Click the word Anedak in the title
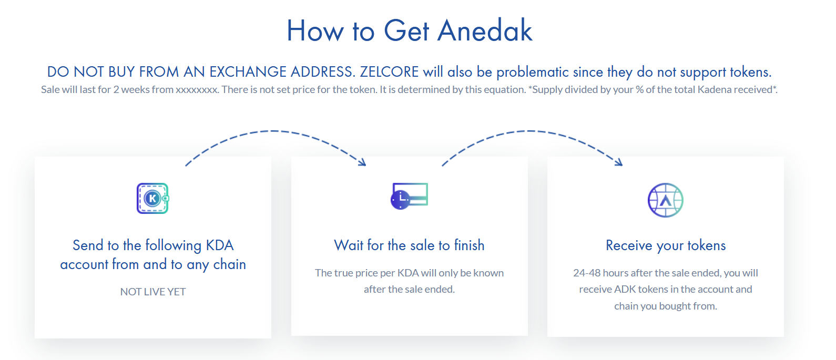(485, 30)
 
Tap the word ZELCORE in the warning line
(389, 72)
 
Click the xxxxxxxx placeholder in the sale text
(197, 90)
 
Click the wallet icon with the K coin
(152, 198)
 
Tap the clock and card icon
(409, 196)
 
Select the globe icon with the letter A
(666, 200)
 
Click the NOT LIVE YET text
(153, 292)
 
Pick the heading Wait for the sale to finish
(409, 245)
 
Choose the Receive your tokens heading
(666, 246)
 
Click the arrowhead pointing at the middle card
(362, 162)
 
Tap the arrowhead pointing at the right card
(619, 162)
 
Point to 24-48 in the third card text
(587, 273)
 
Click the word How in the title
(315, 30)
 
